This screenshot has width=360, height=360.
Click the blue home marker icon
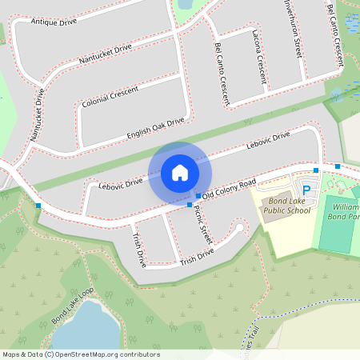(x=180, y=172)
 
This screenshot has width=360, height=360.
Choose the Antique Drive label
(x=54, y=21)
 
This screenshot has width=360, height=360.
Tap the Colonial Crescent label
(x=110, y=96)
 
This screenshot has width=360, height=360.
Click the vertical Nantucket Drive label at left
(x=37, y=114)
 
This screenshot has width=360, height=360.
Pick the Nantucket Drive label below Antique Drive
(x=105, y=56)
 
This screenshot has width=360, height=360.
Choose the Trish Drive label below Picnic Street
(x=197, y=257)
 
